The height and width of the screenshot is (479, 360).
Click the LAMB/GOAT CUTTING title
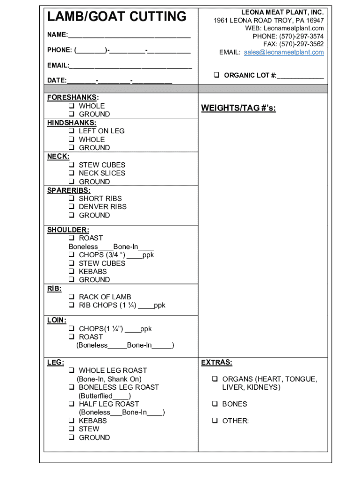pos(116,17)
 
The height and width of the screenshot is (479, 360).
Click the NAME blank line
pos(129,35)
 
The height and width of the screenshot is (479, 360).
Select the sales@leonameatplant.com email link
pos(283,52)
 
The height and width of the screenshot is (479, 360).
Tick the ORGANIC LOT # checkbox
pos(217,75)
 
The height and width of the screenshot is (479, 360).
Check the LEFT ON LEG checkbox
pos(72,131)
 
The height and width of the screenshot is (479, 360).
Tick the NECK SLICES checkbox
pos(72,173)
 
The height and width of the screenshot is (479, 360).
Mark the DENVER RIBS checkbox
pos(72,207)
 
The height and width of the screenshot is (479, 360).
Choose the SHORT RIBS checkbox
pos(72,198)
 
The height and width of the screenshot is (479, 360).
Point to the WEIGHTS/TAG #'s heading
pos(238,109)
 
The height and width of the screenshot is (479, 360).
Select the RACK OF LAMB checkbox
pos(72,297)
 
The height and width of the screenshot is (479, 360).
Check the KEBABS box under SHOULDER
pos(72,271)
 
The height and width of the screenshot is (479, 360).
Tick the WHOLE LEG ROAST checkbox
pos(72,370)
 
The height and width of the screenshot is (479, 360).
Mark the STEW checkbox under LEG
pos(72,429)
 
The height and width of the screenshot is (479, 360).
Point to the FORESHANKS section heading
pos(72,97)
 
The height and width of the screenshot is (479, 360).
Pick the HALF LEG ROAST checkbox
pos(72,404)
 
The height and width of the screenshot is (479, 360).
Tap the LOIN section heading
pos(57,320)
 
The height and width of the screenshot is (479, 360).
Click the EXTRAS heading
pos(216,363)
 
